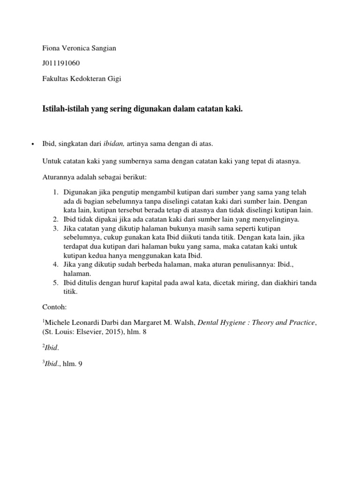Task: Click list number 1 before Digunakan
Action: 55,193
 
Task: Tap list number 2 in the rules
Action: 55,219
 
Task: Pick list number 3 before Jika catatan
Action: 55,228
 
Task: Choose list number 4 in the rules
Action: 55,264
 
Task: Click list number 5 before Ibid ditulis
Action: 55,283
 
